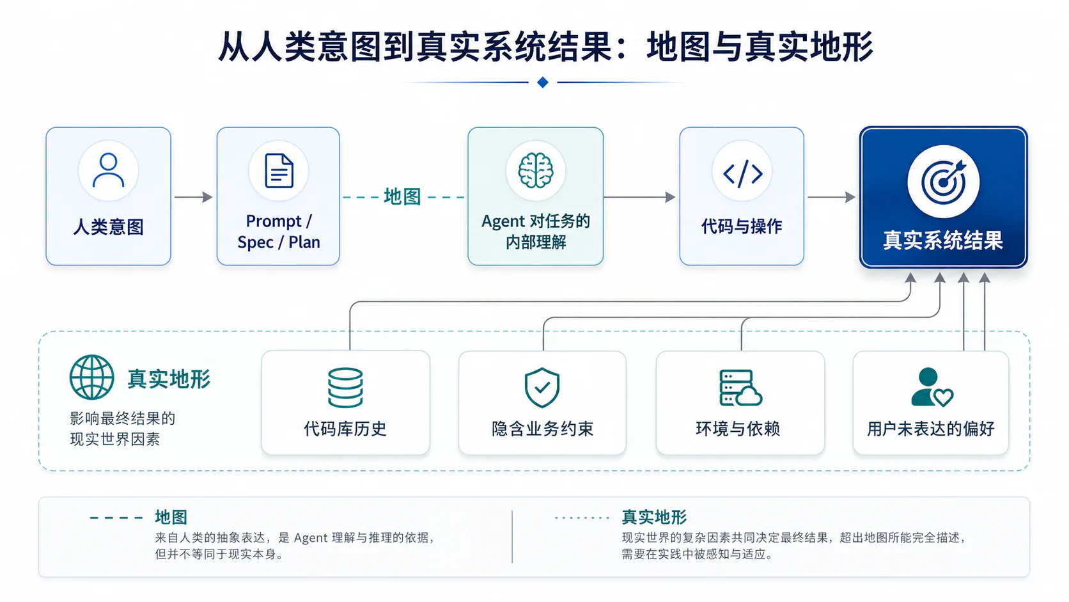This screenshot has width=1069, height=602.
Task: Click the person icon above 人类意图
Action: [108, 170]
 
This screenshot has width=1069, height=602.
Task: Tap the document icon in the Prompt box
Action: [279, 170]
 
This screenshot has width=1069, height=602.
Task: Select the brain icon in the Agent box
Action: [535, 170]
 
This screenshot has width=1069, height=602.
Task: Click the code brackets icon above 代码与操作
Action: [742, 173]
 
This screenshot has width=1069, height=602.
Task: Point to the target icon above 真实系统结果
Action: [944, 182]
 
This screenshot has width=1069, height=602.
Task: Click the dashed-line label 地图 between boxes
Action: [402, 196]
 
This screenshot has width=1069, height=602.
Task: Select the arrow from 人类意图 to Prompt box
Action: [193, 196]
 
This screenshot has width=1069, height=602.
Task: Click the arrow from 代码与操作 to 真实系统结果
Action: [831, 196]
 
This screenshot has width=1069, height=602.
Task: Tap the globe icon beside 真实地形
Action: [91, 377]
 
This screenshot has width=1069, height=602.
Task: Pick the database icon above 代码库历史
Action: [345, 388]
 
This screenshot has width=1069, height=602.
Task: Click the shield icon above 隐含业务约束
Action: [542, 387]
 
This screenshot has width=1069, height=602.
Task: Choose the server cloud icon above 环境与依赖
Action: [740, 388]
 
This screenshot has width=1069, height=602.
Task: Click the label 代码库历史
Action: [345, 429]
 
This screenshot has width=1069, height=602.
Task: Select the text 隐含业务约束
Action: [543, 429]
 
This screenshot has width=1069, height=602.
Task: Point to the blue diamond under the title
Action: [543, 82]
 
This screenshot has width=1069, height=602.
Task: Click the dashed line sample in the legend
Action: [116, 518]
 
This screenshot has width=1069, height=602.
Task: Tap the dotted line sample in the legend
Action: [582, 518]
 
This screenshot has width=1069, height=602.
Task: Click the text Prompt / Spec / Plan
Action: [279, 232]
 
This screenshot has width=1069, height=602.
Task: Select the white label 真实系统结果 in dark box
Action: [943, 240]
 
